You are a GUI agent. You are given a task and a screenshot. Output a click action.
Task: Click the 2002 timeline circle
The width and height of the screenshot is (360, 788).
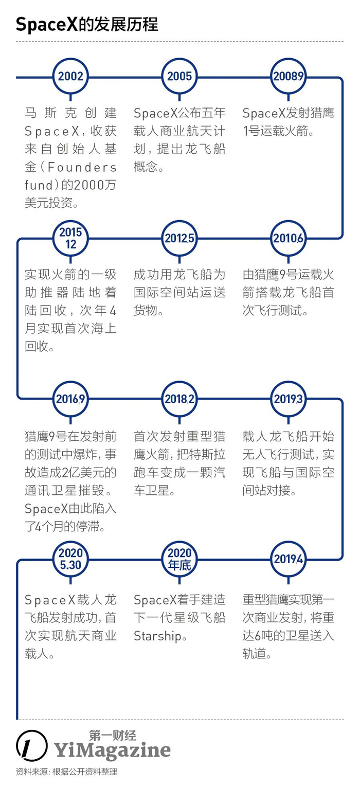pyautogui.click(x=70, y=77)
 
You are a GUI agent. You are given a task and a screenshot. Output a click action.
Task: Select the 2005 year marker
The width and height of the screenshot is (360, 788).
pyautogui.click(x=179, y=77)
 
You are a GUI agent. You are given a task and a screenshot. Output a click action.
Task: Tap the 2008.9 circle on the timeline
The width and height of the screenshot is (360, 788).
pyautogui.click(x=289, y=77)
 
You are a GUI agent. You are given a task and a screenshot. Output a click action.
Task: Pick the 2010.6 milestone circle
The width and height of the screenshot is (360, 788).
pyautogui.click(x=289, y=238)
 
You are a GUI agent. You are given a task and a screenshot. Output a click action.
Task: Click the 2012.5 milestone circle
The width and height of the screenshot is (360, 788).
pyautogui.click(x=179, y=238)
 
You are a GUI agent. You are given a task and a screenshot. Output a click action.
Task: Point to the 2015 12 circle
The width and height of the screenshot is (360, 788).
pyautogui.click(x=70, y=238)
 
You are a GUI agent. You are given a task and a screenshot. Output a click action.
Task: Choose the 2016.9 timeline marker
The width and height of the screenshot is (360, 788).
pyautogui.click(x=70, y=399)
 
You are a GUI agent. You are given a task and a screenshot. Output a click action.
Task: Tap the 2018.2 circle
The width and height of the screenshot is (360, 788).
pyautogui.click(x=179, y=399)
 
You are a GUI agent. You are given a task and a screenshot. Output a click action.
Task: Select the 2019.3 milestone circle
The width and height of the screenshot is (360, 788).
pyautogui.click(x=289, y=399)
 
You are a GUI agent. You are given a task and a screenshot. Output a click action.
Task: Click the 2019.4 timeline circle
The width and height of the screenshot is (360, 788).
pyautogui.click(x=289, y=559)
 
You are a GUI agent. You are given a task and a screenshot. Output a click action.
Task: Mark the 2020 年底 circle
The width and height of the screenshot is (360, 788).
pyautogui.click(x=179, y=559)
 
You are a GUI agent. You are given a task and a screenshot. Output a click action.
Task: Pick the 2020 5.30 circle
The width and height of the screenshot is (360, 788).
pyautogui.click(x=70, y=559)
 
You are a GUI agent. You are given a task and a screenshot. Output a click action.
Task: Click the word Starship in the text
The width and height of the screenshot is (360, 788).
pyautogui.click(x=157, y=636)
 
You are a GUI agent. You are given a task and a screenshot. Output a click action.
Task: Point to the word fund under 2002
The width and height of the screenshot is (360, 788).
pyautogui.click(x=39, y=185)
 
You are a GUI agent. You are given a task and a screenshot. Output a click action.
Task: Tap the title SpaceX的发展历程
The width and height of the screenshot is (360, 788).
pyautogui.click(x=87, y=24)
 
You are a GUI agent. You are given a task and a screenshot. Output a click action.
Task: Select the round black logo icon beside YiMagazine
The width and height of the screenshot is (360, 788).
pyautogui.click(x=32, y=745)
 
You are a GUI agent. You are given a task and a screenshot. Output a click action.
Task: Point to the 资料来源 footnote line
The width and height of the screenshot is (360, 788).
pyautogui.click(x=66, y=773)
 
